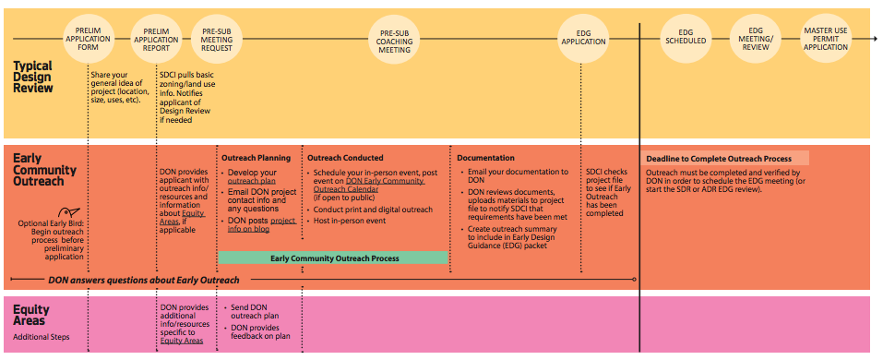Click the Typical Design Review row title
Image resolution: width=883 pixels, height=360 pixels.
tap(34, 78)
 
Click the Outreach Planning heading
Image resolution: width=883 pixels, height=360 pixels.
tap(256, 158)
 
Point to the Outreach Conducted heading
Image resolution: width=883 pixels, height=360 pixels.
tap(345, 158)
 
